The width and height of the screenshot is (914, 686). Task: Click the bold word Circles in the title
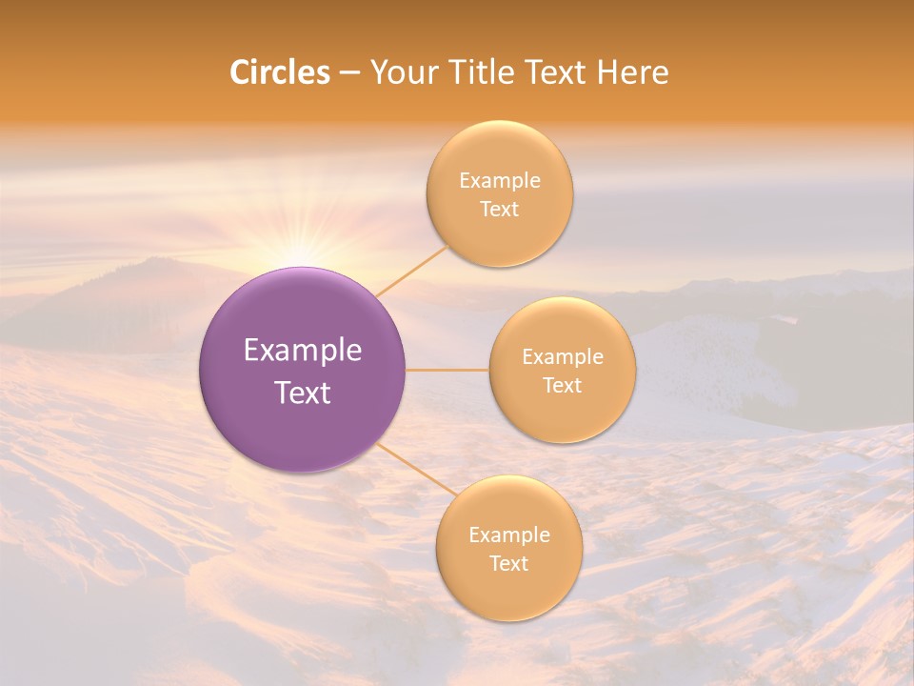tap(279, 72)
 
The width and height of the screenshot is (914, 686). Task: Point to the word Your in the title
tap(402, 72)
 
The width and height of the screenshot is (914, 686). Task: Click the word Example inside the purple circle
tap(303, 351)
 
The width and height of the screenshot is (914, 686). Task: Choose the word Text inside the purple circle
tap(303, 393)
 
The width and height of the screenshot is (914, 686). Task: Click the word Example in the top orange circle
tap(500, 181)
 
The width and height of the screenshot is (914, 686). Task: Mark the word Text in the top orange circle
tap(500, 210)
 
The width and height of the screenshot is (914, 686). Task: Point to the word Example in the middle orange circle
tap(563, 357)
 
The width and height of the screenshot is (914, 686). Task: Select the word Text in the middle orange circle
tap(563, 386)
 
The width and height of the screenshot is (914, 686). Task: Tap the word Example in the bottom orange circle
tap(508, 535)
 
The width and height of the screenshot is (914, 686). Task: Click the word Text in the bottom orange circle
tap(508, 564)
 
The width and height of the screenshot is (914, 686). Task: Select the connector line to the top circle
tap(411, 271)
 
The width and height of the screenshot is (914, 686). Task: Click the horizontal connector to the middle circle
tap(447, 370)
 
